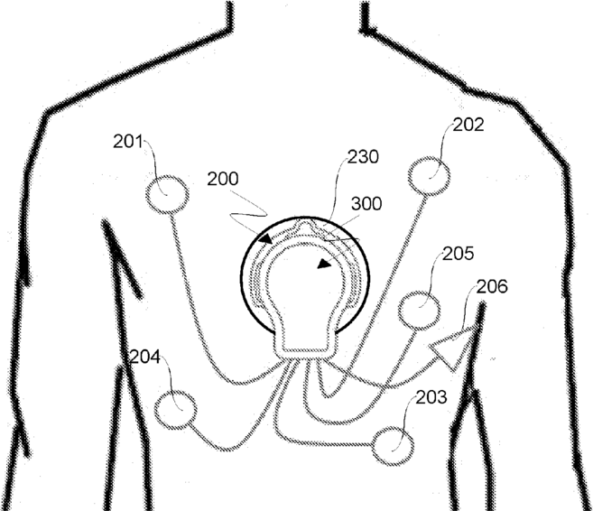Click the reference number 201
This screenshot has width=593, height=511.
click(x=128, y=141)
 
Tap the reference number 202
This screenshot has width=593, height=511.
click(x=468, y=126)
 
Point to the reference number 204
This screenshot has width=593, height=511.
click(x=144, y=358)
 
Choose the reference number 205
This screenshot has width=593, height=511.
click(x=459, y=255)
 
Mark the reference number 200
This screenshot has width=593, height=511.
click(x=222, y=179)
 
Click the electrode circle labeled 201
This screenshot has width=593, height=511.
click(x=167, y=194)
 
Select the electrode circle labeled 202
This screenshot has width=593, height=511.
click(x=429, y=174)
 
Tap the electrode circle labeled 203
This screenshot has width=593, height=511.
click(x=393, y=446)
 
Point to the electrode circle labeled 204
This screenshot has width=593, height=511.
click(x=175, y=410)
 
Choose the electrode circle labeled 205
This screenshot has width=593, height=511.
click(x=419, y=310)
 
